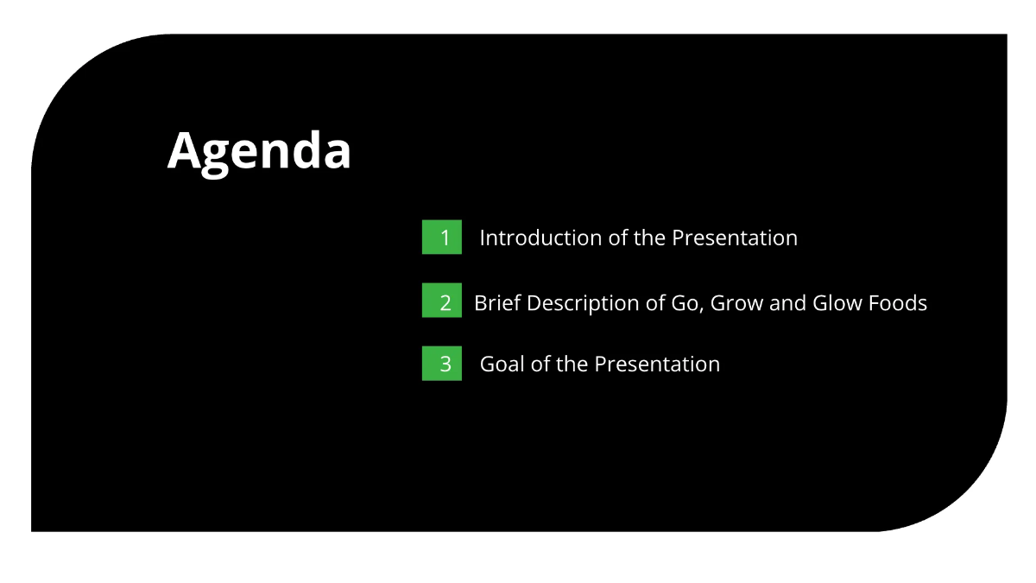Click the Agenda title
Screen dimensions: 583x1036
click(x=259, y=151)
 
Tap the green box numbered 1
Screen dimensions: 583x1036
click(x=442, y=238)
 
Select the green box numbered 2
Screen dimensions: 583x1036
click(x=442, y=301)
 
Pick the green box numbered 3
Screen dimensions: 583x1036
click(x=442, y=364)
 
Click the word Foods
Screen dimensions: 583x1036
click(x=900, y=303)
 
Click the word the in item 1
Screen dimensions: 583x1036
click(x=649, y=238)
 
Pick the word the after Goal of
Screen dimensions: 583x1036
click(x=572, y=364)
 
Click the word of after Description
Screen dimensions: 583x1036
click(x=655, y=303)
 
